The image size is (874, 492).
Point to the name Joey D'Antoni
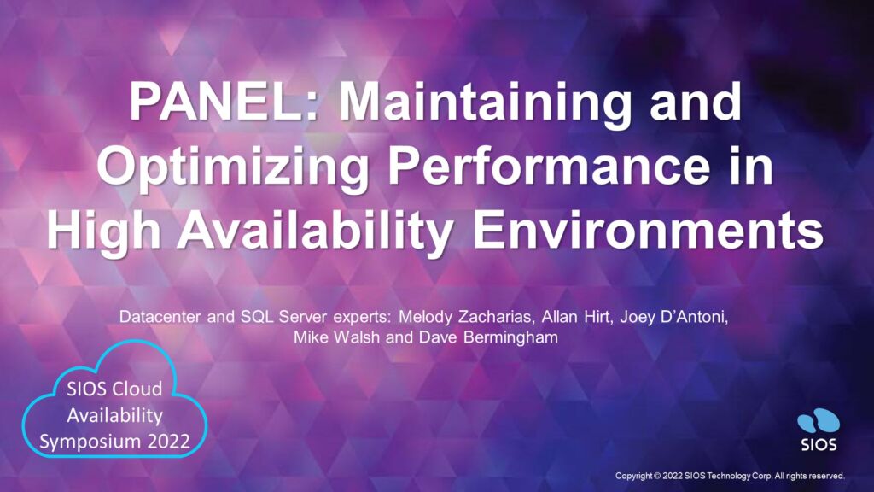(x=682, y=319)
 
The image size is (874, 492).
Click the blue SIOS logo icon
(x=819, y=424)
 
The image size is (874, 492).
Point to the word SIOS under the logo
(x=819, y=445)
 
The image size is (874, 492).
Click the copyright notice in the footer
(x=730, y=475)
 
